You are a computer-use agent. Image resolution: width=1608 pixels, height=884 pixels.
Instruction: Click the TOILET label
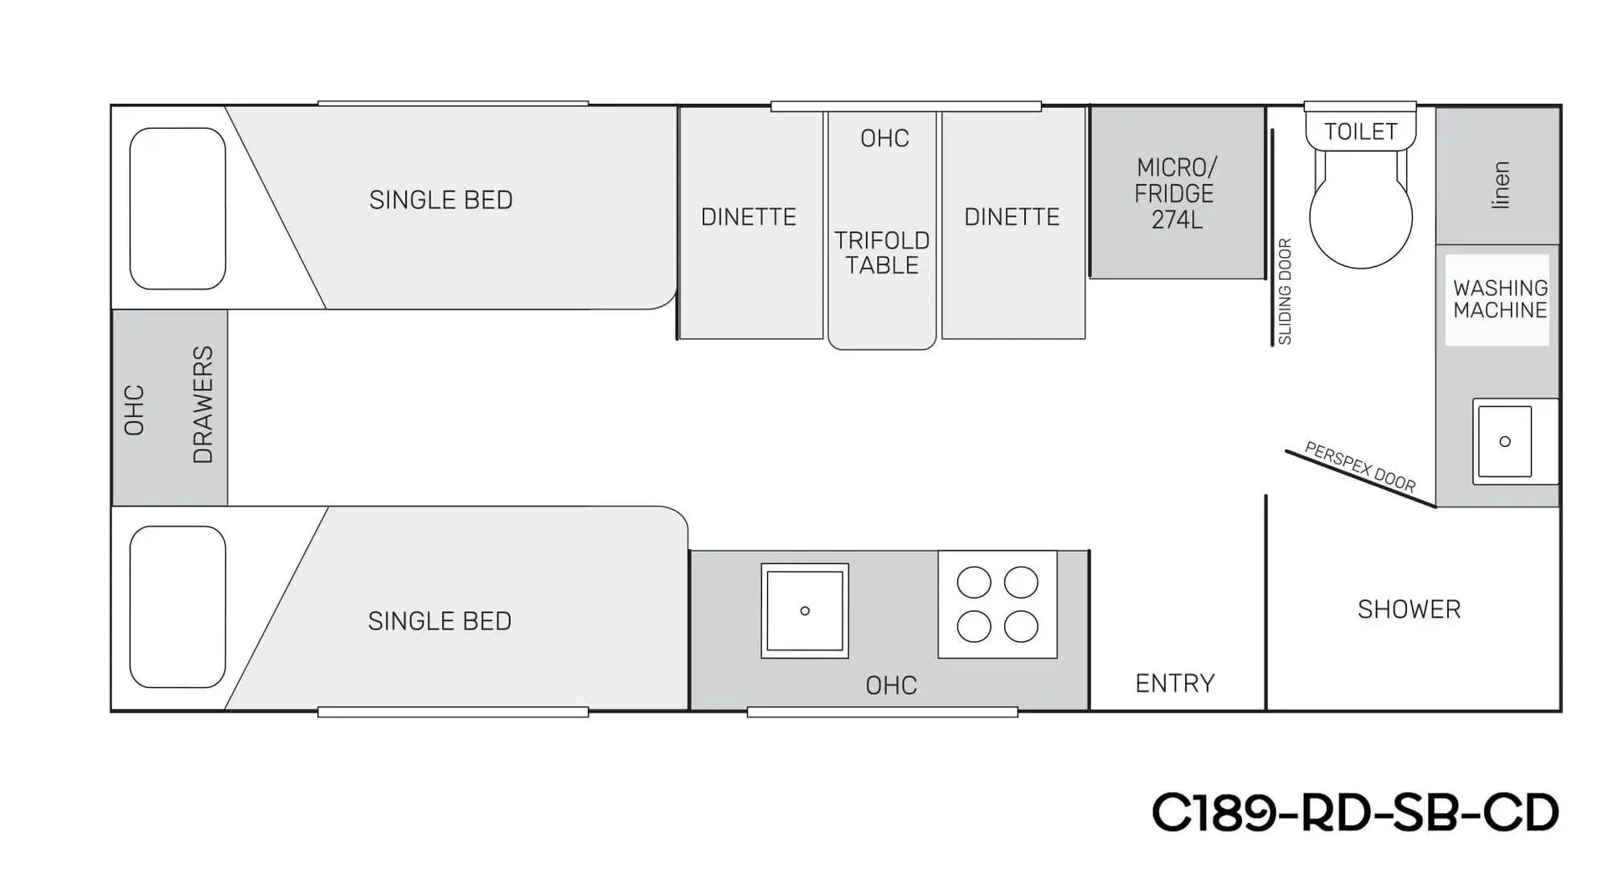pos(1360,131)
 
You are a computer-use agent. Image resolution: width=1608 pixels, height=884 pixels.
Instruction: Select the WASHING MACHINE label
pos(1500,299)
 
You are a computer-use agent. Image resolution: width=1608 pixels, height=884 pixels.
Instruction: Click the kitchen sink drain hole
pos(805,611)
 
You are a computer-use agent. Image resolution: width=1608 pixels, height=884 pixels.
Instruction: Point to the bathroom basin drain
pos(1505,441)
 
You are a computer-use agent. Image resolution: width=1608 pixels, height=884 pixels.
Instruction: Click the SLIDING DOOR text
pos(1285,292)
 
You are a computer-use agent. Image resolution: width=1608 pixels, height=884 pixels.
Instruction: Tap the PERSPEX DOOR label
pos(1360,467)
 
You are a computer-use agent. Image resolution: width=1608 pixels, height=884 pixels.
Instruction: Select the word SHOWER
pos(1409,609)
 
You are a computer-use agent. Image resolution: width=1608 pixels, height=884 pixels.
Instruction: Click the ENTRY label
pos(1174,683)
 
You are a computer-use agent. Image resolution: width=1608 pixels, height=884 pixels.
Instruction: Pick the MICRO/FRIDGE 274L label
pos(1175,193)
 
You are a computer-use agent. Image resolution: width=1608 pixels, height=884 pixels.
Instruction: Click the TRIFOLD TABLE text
pos(882,253)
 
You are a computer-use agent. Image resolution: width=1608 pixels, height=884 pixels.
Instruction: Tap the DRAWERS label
pos(203,405)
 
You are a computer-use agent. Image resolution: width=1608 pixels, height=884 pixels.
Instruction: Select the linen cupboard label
pos(1501,185)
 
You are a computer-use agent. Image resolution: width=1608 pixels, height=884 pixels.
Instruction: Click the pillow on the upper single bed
pos(178,208)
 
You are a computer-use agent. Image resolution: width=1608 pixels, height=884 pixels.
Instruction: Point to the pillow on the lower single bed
pos(178,607)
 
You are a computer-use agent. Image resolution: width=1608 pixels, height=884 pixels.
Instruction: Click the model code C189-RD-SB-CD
pos(1355,812)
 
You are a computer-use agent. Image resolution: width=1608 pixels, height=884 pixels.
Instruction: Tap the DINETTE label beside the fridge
pos(1012,218)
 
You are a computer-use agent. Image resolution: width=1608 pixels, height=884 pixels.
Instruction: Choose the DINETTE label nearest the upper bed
pos(748,218)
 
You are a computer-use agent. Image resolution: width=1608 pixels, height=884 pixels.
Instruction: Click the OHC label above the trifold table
pos(884,138)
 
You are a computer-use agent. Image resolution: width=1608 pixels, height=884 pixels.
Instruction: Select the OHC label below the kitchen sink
pos(891,686)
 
